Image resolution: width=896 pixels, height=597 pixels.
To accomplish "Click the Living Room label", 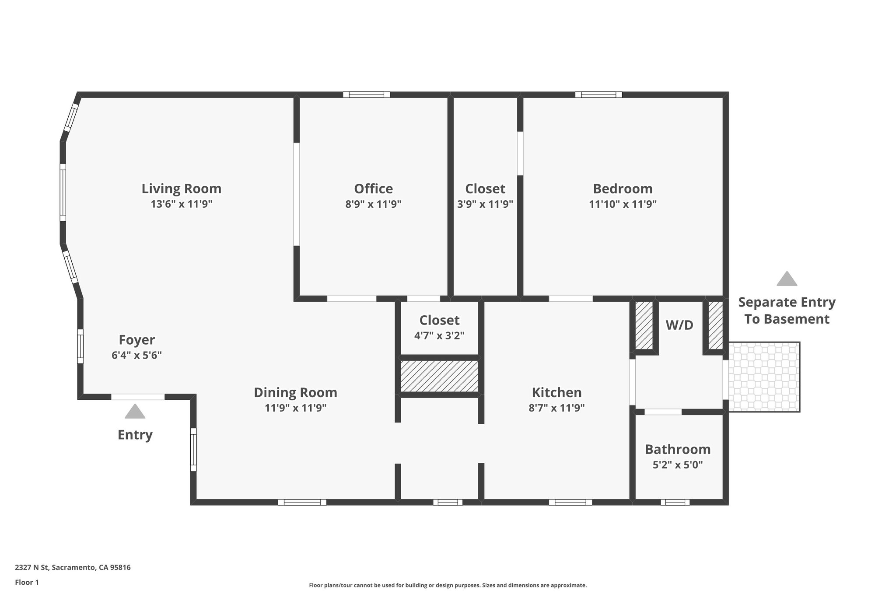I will pyautogui.click(x=181, y=189).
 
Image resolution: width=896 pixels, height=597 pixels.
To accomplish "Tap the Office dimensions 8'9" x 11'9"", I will pyautogui.click(x=373, y=204).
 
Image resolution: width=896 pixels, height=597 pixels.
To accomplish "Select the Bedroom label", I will pyautogui.click(x=623, y=189).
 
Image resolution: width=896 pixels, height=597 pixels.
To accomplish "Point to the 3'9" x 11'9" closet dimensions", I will pyautogui.click(x=485, y=204).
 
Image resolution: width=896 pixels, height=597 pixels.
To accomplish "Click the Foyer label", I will pyautogui.click(x=136, y=340).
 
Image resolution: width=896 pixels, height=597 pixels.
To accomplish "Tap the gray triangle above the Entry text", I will pyautogui.click(x=135, y=412).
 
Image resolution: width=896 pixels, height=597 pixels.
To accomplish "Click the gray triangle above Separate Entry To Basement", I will pyautogui.click(x=787, y=279).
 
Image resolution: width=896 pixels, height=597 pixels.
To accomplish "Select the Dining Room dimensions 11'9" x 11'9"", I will pyautogui.click(x=295, y=408).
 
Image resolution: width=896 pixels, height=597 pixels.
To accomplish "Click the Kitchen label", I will pyautogui.click(x=556, y=392).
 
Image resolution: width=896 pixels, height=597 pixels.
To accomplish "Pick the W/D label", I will pyautogui.click(x=679, y=325).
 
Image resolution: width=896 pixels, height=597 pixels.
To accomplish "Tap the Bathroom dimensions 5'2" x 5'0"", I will pyautogui.click(x=677, y=465).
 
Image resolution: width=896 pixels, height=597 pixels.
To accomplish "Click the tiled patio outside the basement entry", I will pyautogui.click(x=764, y=377).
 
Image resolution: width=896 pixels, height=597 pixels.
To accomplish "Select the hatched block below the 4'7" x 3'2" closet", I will pyautogui.click(x=439, y=376).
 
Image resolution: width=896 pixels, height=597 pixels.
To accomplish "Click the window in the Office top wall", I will pyautogui.click(x=366, y=94).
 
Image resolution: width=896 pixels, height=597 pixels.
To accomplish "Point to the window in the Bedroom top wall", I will pyautogui.click(x=598, y=94).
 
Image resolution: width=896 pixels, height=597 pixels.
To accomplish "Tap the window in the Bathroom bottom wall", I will pyautogui.click(x=675, y=502).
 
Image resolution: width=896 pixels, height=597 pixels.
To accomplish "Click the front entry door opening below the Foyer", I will pyautogui.click(x=138, y=397).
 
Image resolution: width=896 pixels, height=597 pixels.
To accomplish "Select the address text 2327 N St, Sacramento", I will pyautogui.click(x=73, y=567).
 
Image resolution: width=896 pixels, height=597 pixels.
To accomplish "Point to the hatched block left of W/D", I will pyautogui.click(x=644, y=325).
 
